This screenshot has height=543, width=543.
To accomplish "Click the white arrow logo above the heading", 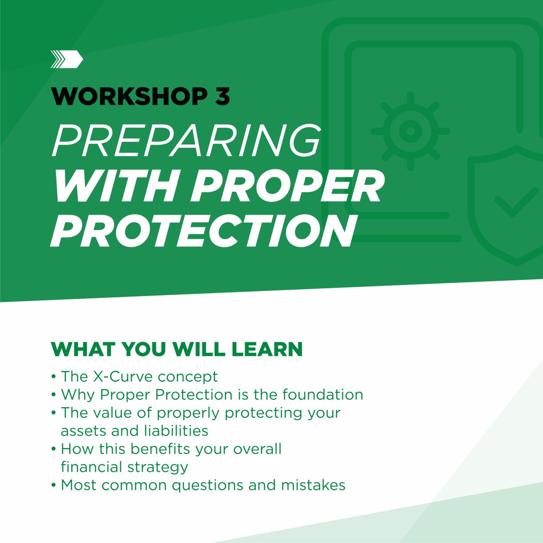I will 67,59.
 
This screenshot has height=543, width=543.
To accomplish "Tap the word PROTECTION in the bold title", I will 202,231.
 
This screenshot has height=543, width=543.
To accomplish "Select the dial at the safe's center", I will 410,131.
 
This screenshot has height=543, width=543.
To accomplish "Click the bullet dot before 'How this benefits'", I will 54,449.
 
